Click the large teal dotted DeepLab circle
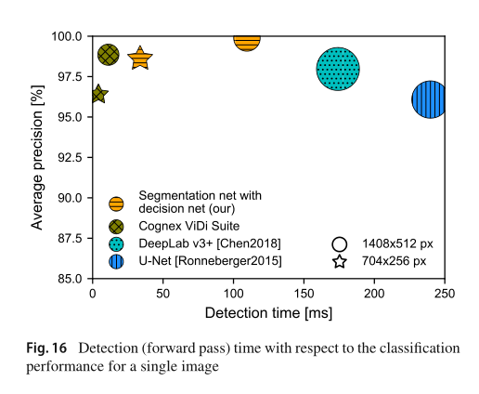click(x=338, y=69)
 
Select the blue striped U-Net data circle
click(x=429, y=99)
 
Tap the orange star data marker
click(x=140, y=58)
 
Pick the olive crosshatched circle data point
click(x=109, y=55)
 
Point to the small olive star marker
click(x=99, y=94)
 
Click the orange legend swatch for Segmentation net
click(x=116, y=204)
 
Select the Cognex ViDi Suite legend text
click(x=188, y=226)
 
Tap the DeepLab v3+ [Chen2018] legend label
click(x=210, y=243)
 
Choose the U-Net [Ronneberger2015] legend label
click(x=210, y=261)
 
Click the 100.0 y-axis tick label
click(x=67, y=36)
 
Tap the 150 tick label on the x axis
click(x=304, y=294)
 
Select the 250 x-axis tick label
click(x=445, y=294)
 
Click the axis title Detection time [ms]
click(x=268, y=313)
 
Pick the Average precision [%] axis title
click(x=37, y=157)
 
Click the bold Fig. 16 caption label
click(x=46, y=348)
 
